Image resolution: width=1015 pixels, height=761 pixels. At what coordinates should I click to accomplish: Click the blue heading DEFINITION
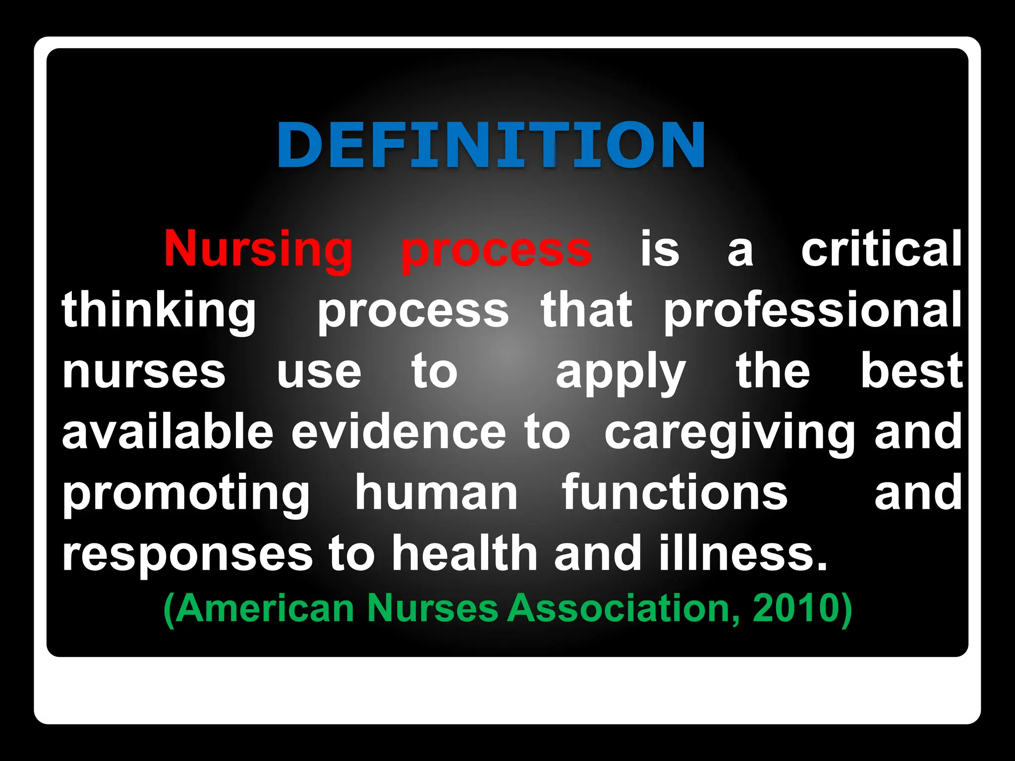click(491, 145)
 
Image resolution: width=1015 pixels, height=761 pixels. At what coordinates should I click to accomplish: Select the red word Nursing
click(258, 249)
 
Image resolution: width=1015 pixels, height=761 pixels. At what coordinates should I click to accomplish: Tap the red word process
click(496, 250)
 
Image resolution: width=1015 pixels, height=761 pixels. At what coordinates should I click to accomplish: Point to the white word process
click(413, 311)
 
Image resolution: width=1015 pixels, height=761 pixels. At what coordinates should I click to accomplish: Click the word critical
click(881, 249)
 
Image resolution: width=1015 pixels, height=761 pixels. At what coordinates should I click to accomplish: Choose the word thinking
click(159, 311)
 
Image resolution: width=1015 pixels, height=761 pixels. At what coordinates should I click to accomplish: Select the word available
click(168, 432)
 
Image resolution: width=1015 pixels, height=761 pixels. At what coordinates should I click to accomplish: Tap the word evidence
click(398, 432)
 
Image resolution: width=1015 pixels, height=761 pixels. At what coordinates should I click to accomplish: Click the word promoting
click(186, 494)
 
